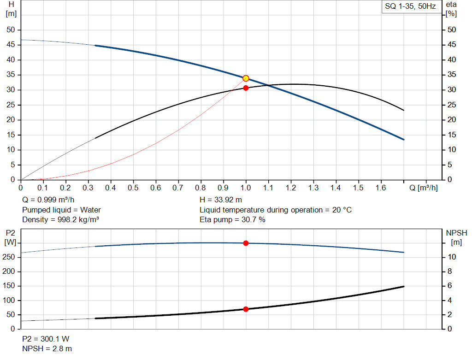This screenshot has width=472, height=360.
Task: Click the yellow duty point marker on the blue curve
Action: pyautogui.click(x=246, y=78)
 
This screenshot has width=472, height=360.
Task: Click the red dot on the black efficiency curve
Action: pyautogui.click(x=246, y=88)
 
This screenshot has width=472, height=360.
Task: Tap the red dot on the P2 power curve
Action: pyautogui.click(x=246, y=243)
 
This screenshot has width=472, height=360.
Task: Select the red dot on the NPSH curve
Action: pyautogui.click(x=246, y=309)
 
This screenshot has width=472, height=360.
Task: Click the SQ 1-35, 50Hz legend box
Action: pyautogui.click(x=410, y=6)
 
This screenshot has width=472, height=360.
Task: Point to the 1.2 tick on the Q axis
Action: pyautogui.click(x=290, y=188)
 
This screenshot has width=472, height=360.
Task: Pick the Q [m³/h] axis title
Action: pyautogui.click(x=423, y=188)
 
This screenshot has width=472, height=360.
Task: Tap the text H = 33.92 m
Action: pyautogui.click(x=221, y=200)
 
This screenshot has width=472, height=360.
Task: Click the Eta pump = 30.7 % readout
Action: pyautogui.click(x=232, y=220)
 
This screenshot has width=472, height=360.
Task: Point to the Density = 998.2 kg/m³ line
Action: pyautogui.click(x=60, y=220)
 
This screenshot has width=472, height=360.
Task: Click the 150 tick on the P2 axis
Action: pyautogui.click(x=10, y=286)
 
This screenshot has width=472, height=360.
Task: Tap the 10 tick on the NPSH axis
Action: pyautogui.click(x=453, y=257)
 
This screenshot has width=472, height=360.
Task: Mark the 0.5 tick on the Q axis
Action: pyautogui.click(x=133, y=188)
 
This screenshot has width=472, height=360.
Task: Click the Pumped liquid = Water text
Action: pyautogui.click(x=61, y=210)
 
